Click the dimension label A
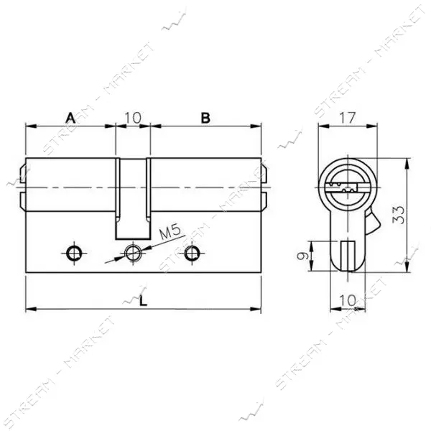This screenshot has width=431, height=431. point(70,118)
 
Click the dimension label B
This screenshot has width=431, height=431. point(205,118)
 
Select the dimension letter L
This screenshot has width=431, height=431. point(143,301)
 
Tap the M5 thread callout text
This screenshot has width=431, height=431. point(170,233)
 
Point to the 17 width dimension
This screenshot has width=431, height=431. point(348,119)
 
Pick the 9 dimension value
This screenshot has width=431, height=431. point(302,256)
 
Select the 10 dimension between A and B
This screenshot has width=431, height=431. point(133,118)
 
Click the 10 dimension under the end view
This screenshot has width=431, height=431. point(348,300)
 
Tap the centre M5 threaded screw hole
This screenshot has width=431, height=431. point(133,253)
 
